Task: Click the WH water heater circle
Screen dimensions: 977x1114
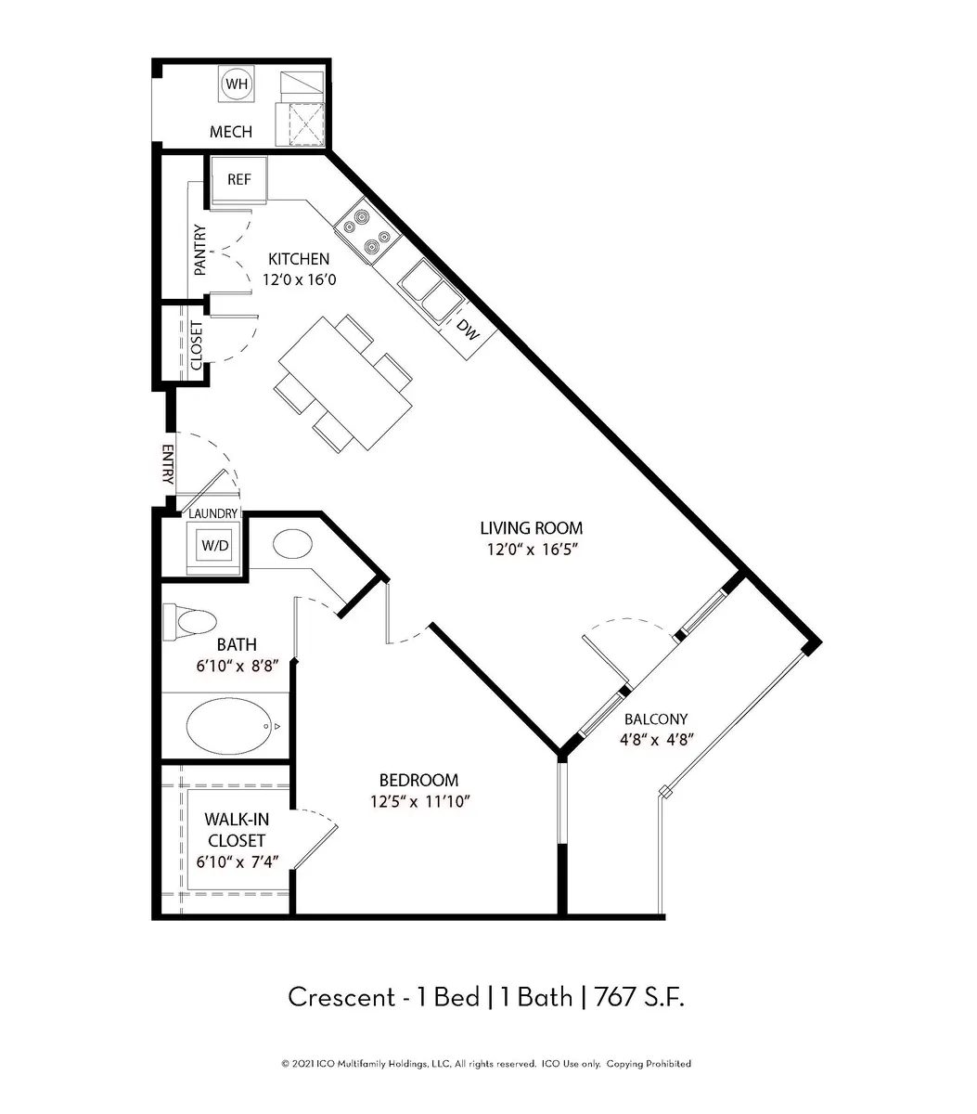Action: (237, 84)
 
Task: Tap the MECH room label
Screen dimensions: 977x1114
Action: (231, 132)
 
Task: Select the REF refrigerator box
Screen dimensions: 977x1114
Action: (239, 179)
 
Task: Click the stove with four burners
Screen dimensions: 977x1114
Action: (368, 234)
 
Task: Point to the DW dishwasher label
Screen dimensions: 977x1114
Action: (469, 330)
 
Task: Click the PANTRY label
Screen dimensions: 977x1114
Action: (200, 250)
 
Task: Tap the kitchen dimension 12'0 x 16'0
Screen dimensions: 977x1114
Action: (299, 279)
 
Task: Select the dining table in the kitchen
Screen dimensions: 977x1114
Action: (346, 383)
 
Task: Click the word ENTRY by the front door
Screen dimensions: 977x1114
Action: (168, 464)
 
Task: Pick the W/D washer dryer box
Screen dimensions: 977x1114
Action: (215, 546)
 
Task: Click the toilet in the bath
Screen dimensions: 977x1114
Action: (190, 622)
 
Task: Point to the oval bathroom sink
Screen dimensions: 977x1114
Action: (293, 544)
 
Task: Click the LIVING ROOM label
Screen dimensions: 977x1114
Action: (532, 528)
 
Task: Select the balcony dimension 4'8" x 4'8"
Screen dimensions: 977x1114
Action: (657, 740)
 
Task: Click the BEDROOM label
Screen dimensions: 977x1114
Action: (418, 780)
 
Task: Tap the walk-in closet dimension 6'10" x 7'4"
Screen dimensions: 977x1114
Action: (238, 861)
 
